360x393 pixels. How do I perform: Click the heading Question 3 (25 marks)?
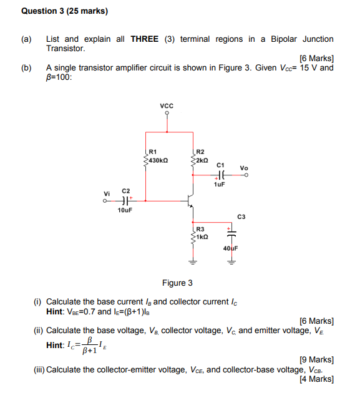point(64,11)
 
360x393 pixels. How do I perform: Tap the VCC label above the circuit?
point(167,107)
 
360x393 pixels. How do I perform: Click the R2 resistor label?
point(200,152)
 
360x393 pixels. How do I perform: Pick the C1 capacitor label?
point(220,165)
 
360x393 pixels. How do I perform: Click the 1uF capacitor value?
point(219,185)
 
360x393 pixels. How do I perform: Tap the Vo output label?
point(244,168)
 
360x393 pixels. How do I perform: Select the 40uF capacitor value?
point(230,249)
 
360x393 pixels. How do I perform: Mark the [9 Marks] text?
point(316,360)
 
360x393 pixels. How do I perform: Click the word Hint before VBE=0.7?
point(56,312)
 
